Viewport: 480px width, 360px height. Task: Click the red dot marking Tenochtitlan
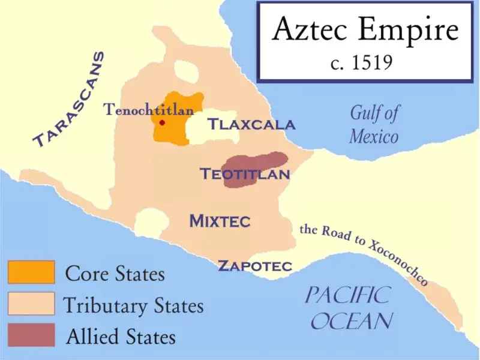161,123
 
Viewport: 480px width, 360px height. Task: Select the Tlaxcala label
251,125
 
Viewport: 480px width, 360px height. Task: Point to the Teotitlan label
245,175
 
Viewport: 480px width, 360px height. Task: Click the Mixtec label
220,221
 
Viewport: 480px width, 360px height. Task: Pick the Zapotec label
254,266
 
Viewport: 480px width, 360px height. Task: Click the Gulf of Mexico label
374,124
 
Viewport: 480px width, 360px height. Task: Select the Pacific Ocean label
348,307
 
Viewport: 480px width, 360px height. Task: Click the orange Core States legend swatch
31,272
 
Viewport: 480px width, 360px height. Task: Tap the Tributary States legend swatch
31,304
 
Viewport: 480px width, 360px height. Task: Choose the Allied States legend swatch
31,335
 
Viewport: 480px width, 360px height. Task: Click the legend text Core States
115,274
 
